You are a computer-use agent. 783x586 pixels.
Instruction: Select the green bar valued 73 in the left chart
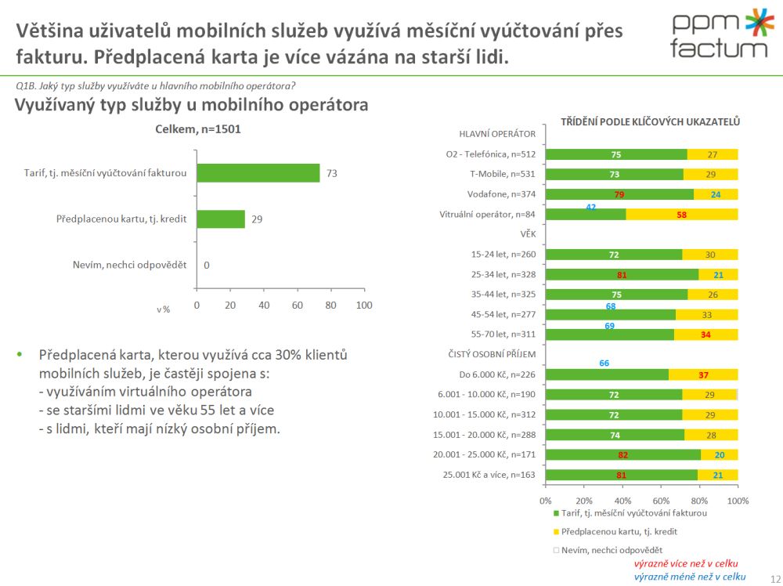[x=258, y=173]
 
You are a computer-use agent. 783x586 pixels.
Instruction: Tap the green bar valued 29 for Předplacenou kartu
[x=220, y=219]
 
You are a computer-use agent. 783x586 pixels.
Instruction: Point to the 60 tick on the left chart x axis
[x=297, y=305]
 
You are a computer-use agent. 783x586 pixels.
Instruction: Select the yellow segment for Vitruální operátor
[x=682, y=214]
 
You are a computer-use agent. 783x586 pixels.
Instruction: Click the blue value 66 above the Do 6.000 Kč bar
[x=604, y=364]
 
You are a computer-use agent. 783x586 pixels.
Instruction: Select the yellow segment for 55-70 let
[x=705, y=335]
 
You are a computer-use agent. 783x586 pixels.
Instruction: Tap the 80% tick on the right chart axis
[x=699, y=500]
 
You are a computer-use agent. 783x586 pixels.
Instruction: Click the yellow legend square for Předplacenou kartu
[x=557, y=531]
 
